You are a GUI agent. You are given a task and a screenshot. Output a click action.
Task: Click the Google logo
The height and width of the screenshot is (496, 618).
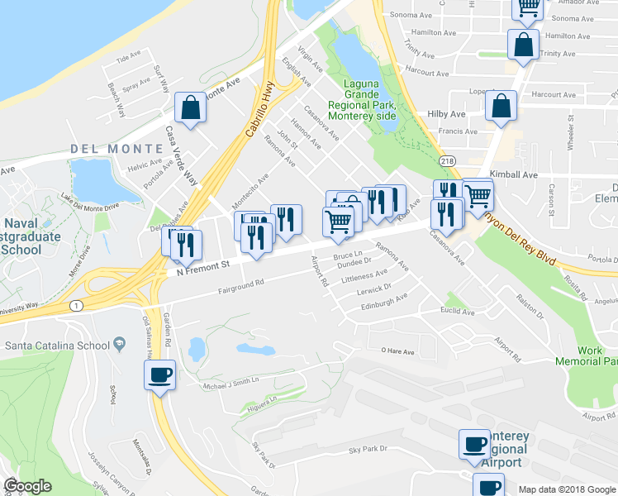[x=27, y=486]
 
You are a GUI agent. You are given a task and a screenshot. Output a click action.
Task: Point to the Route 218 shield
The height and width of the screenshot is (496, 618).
[x=447, y=161]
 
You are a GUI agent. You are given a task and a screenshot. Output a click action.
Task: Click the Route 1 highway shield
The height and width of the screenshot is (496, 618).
[x=77, y=305]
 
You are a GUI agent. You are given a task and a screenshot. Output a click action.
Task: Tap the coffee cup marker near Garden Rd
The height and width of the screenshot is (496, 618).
[x=159, y=374]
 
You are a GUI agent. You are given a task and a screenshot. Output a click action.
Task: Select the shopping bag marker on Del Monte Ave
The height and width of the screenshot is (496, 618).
[x=190, y=107]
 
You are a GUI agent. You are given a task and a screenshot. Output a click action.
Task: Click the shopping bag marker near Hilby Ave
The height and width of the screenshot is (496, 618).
[x=501, y=106]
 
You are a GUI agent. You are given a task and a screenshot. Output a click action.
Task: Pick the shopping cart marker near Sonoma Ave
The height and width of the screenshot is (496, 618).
[x=528, y=7]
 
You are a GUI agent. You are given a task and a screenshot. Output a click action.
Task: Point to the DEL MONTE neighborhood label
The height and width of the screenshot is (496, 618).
[x=116, y=149]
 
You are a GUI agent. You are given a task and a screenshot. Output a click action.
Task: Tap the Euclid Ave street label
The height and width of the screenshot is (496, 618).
[x=456, y=312]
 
